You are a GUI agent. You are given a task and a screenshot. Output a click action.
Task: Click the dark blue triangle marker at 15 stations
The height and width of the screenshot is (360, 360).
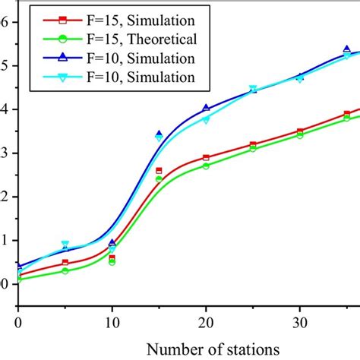(x=159, y=134)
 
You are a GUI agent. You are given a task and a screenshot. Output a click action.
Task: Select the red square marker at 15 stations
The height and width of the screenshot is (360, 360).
(x=159, y=171)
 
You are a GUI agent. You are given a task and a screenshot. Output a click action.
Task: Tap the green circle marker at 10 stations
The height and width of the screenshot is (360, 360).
(x=112, y=262)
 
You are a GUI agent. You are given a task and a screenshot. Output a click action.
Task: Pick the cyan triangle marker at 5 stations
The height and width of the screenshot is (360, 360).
(x=65, y=245)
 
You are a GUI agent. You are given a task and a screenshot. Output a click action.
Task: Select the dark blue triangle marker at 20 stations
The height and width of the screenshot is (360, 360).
(x=206, y=108)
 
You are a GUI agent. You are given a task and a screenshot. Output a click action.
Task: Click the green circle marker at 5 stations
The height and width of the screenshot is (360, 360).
(x=65, y=270)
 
